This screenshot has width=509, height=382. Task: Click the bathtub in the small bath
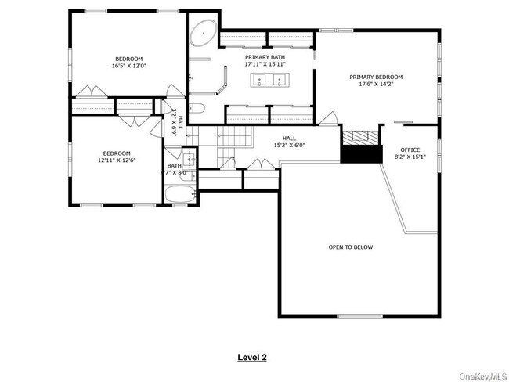[179, 195]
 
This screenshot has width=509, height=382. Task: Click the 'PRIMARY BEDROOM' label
[376, 77]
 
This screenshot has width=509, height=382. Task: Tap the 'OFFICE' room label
[410, 150]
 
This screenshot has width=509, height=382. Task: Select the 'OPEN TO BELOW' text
[350, 247]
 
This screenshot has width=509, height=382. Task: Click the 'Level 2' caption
[252, 357]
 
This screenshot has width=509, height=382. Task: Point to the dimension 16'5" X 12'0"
[130, 67]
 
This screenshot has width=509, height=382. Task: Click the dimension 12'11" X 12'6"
[117, 160]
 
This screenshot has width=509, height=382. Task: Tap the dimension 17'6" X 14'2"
[376, 84]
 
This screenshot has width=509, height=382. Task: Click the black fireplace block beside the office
[359, 155]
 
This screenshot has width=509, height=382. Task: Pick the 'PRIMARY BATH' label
[265, 57]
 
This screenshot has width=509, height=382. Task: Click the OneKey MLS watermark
[479, 377]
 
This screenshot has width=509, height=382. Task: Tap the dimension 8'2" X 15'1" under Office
[410, 157]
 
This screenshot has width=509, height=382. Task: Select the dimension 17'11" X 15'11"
[265, 64]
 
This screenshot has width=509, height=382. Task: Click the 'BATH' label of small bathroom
[173, 165]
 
